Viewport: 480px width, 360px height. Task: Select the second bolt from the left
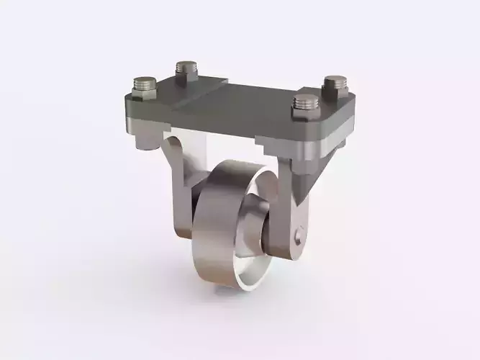pos(186,69)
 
